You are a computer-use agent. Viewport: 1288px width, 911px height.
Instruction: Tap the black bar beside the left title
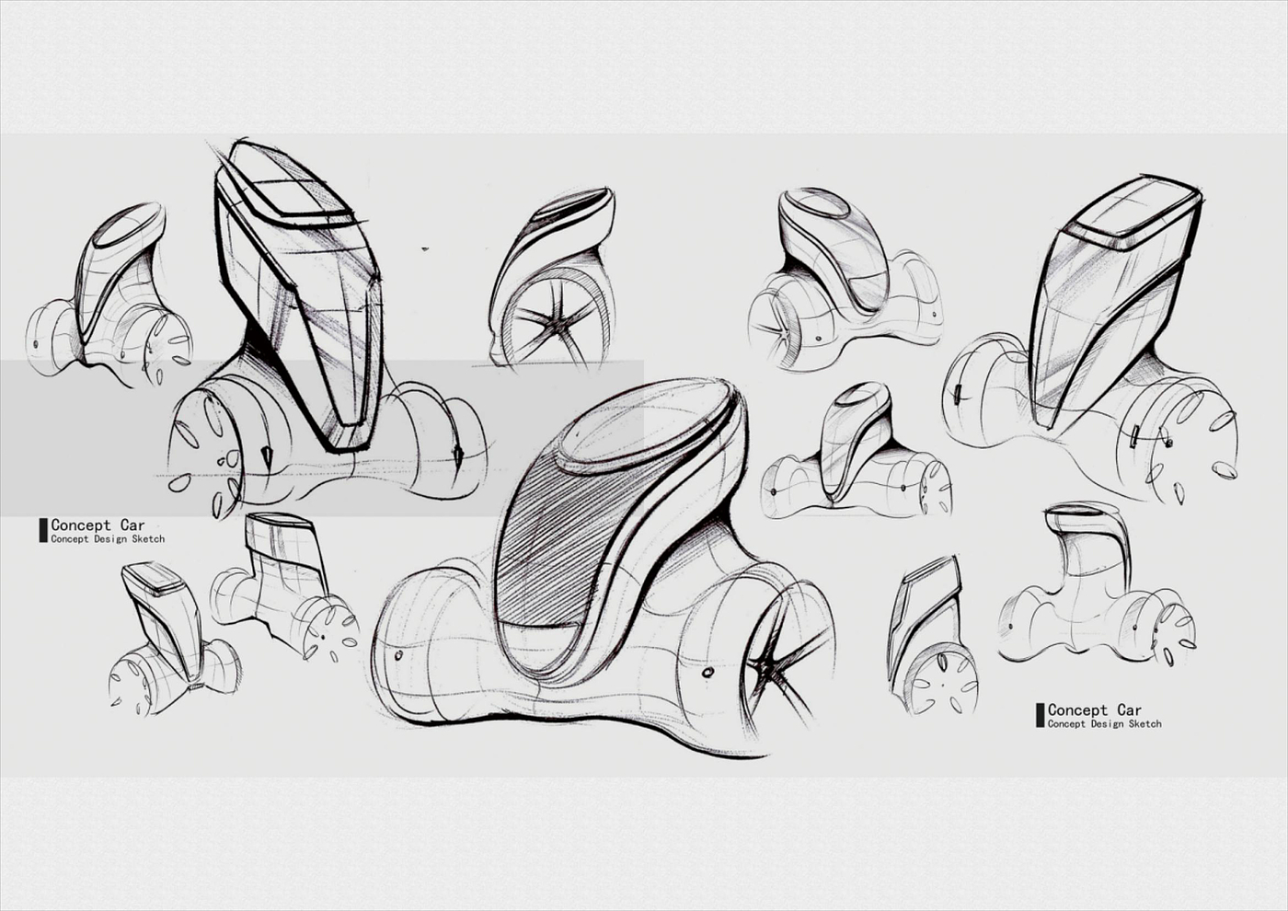coord(42,531)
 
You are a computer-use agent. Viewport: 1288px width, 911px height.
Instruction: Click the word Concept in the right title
coord(1077,710)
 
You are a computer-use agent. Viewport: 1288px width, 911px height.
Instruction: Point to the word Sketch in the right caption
coord(1144,724)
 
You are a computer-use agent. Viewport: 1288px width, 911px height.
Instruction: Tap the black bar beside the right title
coord(1040,715)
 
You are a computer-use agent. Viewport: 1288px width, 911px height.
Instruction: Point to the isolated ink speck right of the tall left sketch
coord(425,248)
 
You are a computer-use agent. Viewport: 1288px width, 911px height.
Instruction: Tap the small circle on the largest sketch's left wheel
coord(398,657)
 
